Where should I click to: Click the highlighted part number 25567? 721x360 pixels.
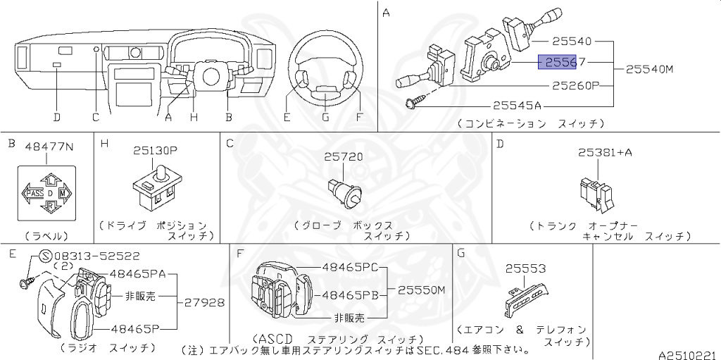558,63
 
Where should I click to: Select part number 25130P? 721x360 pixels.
158,150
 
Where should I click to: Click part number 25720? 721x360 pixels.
344,156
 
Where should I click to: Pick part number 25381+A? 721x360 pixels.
605,151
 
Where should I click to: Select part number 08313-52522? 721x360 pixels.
96,256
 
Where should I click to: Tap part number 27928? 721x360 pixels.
205,302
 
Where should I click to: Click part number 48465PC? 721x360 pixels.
351,268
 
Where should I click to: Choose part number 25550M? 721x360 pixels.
422,290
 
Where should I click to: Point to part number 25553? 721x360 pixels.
525,268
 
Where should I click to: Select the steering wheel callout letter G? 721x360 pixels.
325,117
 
